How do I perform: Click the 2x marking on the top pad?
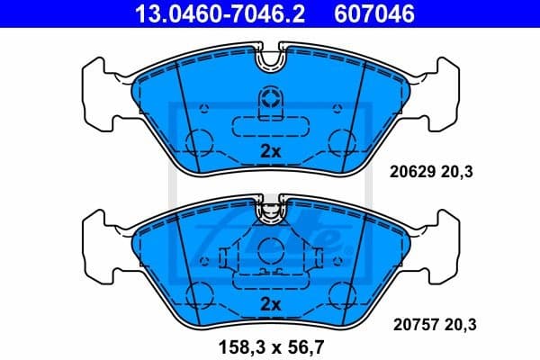270,151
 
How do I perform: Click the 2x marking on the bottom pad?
270,302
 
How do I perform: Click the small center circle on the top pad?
270,96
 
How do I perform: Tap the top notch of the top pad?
270,59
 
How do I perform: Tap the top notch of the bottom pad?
270,211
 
